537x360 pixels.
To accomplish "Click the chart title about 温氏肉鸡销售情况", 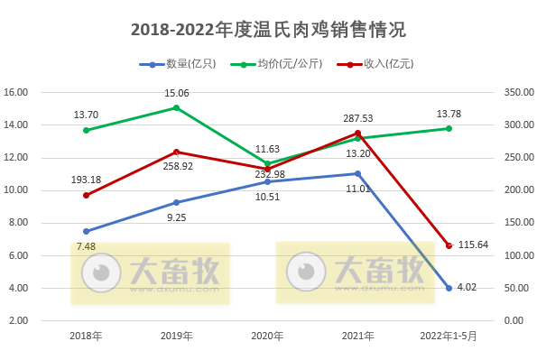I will pyautogui.click(x=268, y=30).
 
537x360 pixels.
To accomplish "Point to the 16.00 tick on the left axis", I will pyautogui.click(x=16, y=92).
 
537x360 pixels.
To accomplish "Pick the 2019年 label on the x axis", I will pyautogui.click(x=176, y=336).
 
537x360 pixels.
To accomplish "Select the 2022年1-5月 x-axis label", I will pyautogui.click(x=449, y=336).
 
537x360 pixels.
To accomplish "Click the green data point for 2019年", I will pyautogui.click(x=176, y=107).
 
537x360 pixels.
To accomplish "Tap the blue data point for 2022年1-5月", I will pyautogui.click(x=449, y=288).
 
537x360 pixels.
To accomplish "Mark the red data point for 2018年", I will pyautogui.click(x=86, y=195).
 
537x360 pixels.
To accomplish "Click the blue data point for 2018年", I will pyautogui.click(x=86, y=231).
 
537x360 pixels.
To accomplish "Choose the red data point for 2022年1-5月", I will pyautogui.click(x=449, y=245).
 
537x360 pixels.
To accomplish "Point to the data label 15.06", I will pyautogui.click(x=176, y=93).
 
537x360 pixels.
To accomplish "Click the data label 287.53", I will pyautogui.click(x=358, y=118).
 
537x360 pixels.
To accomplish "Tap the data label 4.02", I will pyautogui.click(x=467, y=287).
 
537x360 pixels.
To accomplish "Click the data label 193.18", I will pyautogui.click(x=86, y=179).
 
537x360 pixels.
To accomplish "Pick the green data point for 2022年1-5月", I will pyautogui.click(x=449, y=128).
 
